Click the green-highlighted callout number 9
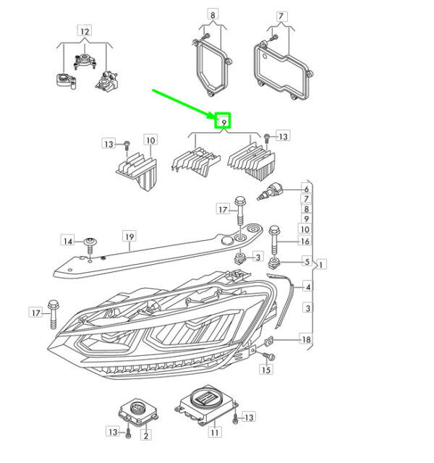[224, 122]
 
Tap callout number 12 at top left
[85, 31]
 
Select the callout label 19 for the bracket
[129, 237]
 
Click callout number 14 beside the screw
[68, 241]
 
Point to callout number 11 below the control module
[215, 433]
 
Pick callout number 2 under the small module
[146, 435]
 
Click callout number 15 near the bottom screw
[266, 370]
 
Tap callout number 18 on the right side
[306, 339]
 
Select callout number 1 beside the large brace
[321, 264]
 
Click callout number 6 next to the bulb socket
[307, 189]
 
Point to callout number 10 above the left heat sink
[150, 140]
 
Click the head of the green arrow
[216, 117]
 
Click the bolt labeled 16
[274, 240]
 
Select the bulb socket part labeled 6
[270, 191]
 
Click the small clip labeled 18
[268, 341]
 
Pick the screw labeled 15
[268, 356]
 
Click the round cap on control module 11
[205, 397]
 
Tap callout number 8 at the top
[213, 14]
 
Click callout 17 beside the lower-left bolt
[35, 313]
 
